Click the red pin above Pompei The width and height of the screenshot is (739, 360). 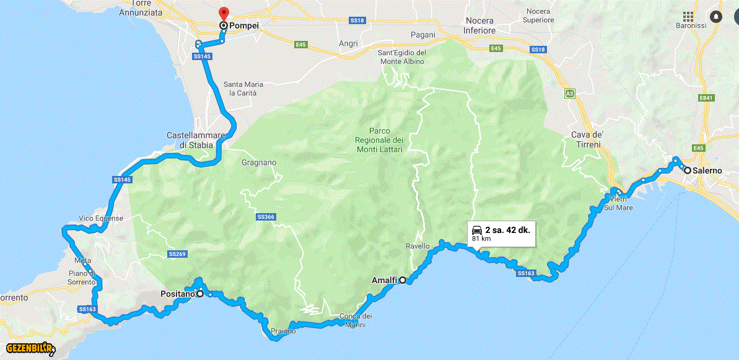(x=224, y=13)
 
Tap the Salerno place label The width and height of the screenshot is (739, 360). (x=707, y=170)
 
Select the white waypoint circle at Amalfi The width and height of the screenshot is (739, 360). (x=403, y=280)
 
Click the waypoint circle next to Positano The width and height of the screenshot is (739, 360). (x=200, y=294)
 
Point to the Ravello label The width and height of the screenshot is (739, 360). (x=418, y=246)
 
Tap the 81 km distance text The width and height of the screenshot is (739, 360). (x=481, y=238)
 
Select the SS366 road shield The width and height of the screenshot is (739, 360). (x=265, y=217)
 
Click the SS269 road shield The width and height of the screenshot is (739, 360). (x=177, y=254)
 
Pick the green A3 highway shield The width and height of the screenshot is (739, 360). (x=569, y=94)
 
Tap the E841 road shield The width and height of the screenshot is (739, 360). (x=707, y=97)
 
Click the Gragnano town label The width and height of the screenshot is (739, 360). (x=259, y=163)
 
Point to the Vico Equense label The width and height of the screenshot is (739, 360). (x=101, y=219)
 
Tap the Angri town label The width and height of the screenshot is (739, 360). (x=349, y=43)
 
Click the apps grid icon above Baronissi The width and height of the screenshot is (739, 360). (x=688, y=16)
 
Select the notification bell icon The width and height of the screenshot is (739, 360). (x=716, y=16)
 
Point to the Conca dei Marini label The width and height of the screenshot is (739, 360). (x=356, y=320)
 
